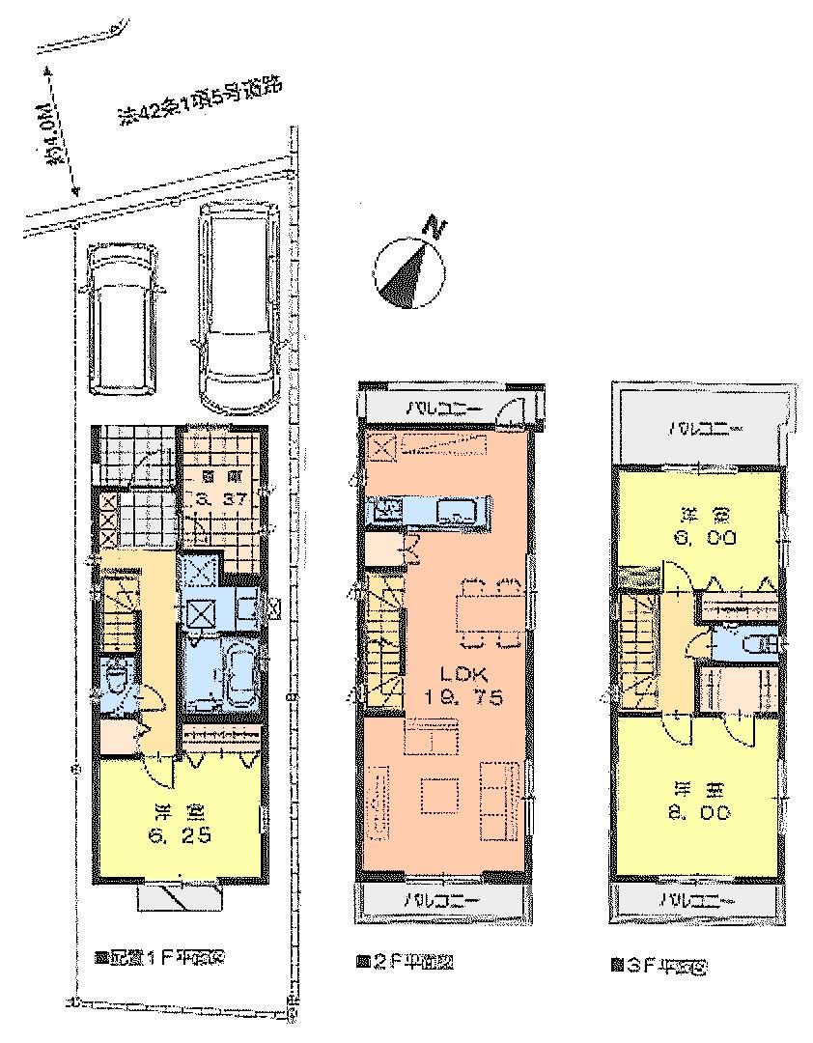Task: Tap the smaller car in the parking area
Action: [x=122, y=317]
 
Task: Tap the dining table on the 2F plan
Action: [x=489, y=612]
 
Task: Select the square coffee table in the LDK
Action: [x=439, y=798]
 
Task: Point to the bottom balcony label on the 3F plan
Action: [x=694, y=899]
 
